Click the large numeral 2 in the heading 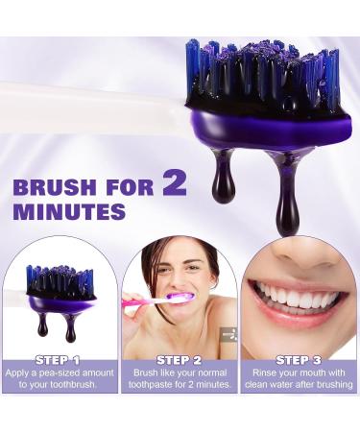[175, 180]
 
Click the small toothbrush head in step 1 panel [59, 284]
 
